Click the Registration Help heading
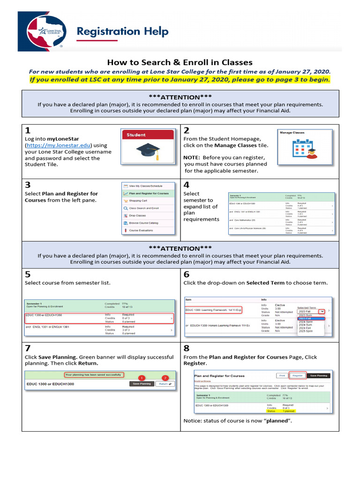pos(122,32)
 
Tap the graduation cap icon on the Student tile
pos(148,151)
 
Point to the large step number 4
pos(187,185)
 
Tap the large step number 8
pos(187,348)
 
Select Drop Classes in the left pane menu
pos(137,216)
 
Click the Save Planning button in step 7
pos(141,383)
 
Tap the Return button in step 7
pos(164,383)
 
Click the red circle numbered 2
pos(165,378)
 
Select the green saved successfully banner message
pos(94,375)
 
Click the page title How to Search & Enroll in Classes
pos(180,62)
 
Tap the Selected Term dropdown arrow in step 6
pos(322,311)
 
